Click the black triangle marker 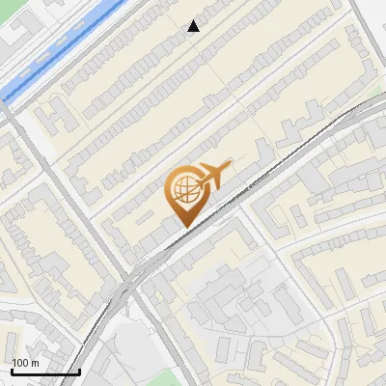pyautogui.click(x=194, y=26)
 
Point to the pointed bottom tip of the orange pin pyautogui.click(x=183, y=226)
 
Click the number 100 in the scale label pyautogui.click(x=20, y=363)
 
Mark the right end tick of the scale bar pyautogui.click(x=78, y=371)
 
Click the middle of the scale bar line pyautogui.click(x=44, y=372)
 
